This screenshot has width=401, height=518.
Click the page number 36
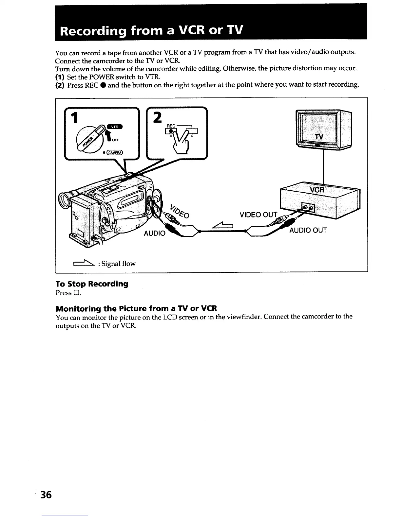pyautogui.click(x=46, y=495)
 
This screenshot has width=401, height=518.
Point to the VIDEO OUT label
pyautogui.click(x=258, y=215)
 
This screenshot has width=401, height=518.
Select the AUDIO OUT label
pyautogui.click(x=308, y=230)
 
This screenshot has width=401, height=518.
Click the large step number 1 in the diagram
pyautogui.click(x=75, y=118)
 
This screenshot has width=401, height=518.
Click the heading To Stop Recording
pyautogui.click(x=92, y=284)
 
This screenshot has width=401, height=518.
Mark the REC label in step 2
pyautogui.click(x=171, y=126)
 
